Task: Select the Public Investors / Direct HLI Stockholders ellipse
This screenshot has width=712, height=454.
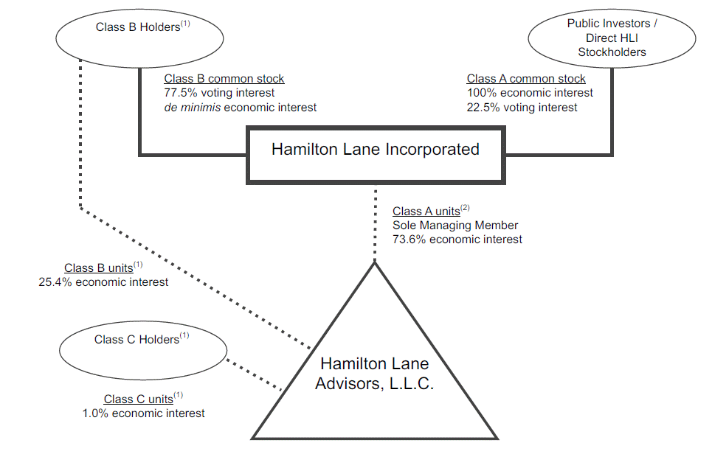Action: coord(612,38)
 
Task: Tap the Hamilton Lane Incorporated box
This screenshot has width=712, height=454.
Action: coord(375,150)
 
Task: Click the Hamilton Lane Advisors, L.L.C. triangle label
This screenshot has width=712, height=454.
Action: coord(374,374)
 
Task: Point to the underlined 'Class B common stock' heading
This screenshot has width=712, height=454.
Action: coord(224,79)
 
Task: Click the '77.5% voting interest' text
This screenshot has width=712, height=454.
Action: coord(219,93)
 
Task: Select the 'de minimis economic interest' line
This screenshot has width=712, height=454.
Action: coord(240,108)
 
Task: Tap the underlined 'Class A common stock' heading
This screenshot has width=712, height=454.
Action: coord(526,79)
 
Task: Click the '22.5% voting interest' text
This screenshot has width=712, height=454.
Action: coord(522,108)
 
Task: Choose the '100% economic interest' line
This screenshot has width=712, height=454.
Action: coord(529,93)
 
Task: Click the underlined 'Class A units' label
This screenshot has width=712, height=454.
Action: coord(426,212)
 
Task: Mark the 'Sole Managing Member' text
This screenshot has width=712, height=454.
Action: coord(455,226)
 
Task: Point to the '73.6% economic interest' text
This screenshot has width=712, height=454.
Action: coord(457,240)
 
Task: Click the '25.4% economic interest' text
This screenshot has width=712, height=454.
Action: coord(103,282)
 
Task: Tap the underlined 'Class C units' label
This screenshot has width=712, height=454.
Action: coord(138,399)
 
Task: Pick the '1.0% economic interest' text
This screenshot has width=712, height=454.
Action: coord(144,413)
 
